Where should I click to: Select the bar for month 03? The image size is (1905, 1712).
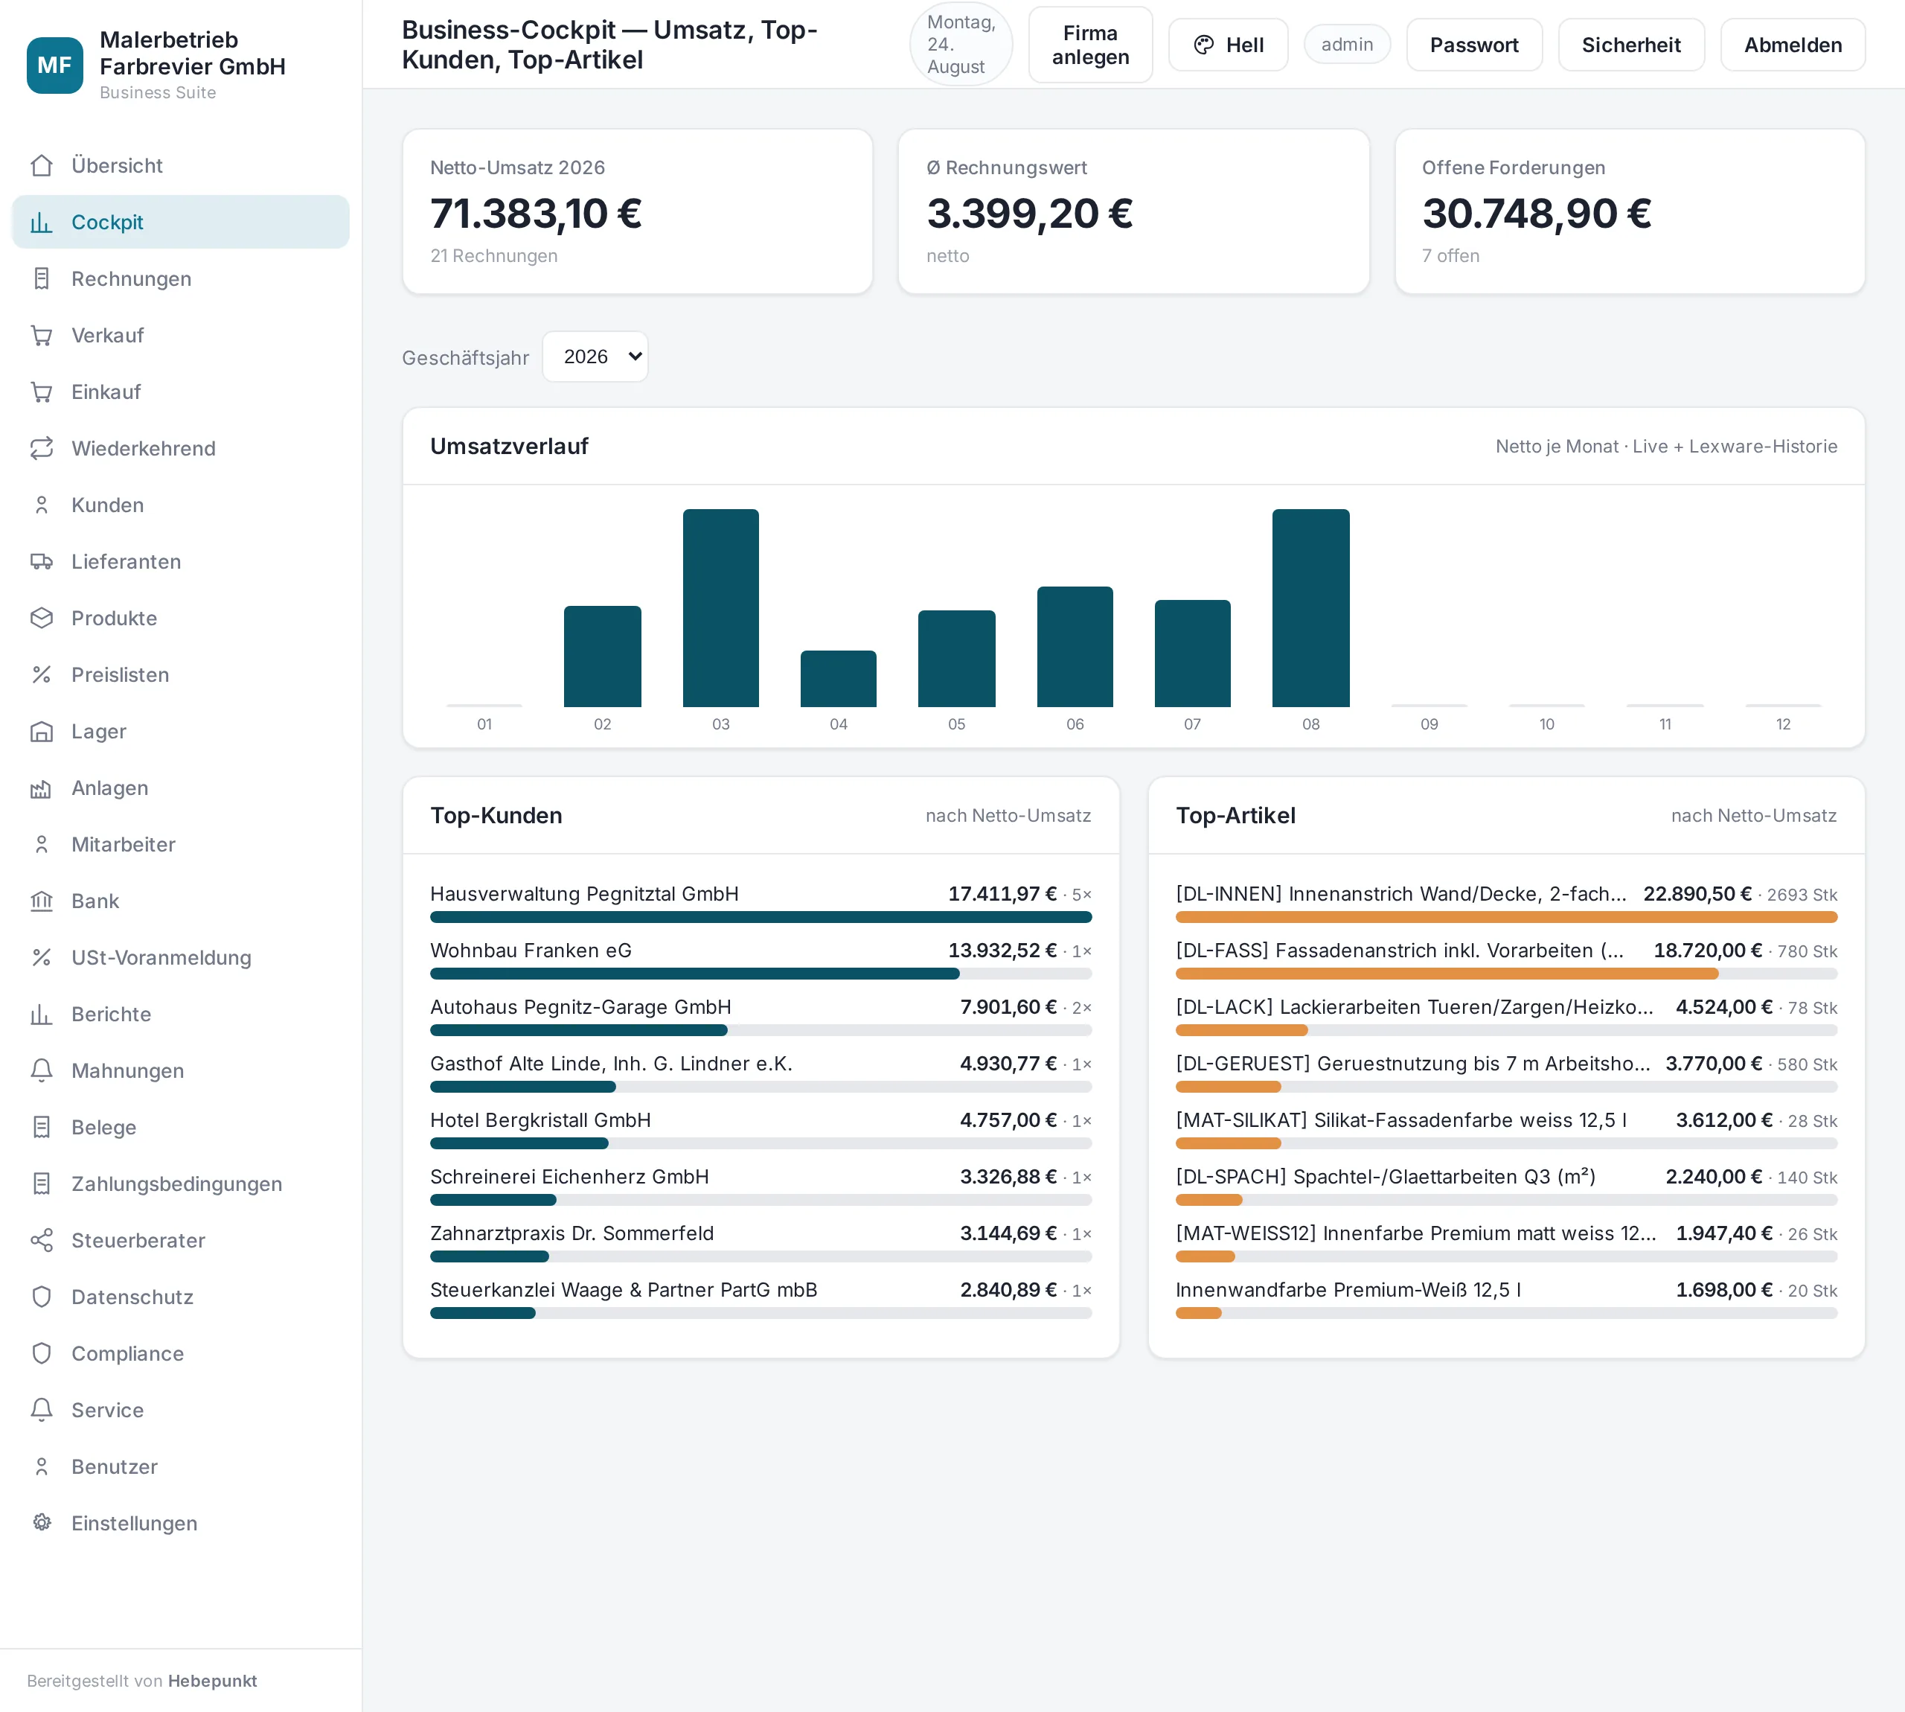[x=720, y=607]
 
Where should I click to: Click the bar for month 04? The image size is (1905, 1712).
[x=838, y=678]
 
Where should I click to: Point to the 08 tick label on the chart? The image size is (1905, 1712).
[x=1310, y=724]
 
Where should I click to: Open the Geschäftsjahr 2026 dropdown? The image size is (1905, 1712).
[x=595, y=357]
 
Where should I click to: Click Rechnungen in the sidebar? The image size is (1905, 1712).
[x=132, y=279]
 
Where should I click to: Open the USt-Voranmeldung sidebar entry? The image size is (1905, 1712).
[x=161, y=957]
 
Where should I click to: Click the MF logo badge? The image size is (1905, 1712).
[x=54, y=65]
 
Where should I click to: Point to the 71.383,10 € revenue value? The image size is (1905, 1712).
[x=536, y=214]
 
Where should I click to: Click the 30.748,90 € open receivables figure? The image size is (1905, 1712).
[x=1537, y=214]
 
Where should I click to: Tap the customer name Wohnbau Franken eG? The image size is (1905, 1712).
[x=531, y=950]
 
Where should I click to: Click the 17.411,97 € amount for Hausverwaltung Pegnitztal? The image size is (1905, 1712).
[x=1002, y=894]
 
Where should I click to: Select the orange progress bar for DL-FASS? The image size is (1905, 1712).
[x=1446, y=974]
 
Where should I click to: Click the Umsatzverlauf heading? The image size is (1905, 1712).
[x=509, y=446]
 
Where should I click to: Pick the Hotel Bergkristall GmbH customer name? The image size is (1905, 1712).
[x=541, y=1120]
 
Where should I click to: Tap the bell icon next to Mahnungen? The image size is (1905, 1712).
[x=42, y=1070]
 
